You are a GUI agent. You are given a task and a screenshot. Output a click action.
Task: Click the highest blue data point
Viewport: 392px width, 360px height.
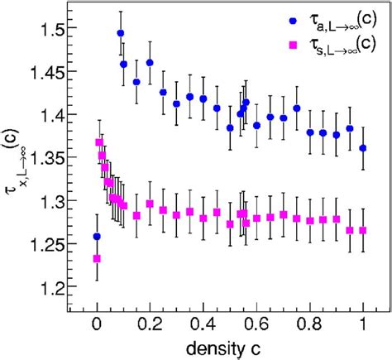coord(121,34)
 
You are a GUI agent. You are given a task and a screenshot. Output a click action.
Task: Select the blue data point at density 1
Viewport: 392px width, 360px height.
coord(363,148)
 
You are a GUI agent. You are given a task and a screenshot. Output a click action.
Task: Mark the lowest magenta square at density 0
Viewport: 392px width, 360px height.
coord(97,258)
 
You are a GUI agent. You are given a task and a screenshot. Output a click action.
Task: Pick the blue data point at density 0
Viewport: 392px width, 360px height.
coord(97,236)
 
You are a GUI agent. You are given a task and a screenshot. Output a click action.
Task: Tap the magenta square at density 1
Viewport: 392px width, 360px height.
coord(363,230)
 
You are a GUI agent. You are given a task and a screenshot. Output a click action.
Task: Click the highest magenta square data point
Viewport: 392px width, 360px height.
coord(99,142)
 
